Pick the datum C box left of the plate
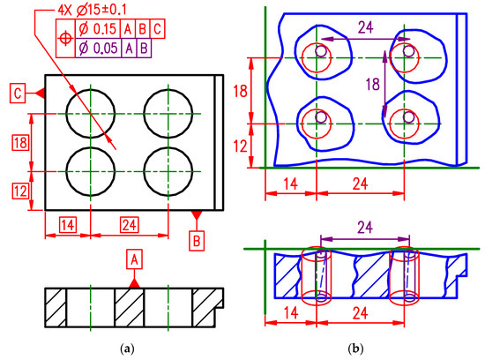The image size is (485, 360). point(17,92)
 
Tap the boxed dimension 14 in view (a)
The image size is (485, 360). point(69,224)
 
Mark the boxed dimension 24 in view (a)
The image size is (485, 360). point(130,224)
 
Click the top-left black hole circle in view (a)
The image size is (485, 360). point(91,115)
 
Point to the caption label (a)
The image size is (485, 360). point(129,350)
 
